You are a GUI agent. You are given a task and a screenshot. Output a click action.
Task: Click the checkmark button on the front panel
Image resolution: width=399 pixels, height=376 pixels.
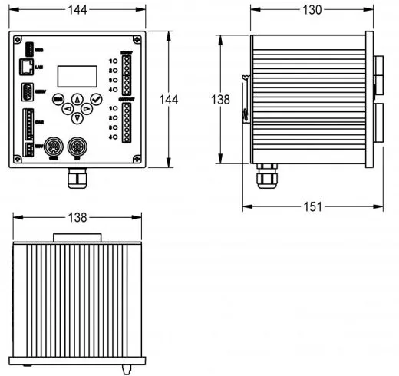(x=96, y=99)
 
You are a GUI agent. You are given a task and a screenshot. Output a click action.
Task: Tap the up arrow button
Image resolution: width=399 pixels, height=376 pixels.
(x=77, y=100)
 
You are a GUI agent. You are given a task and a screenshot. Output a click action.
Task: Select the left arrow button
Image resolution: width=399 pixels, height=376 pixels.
(x=68, y=109)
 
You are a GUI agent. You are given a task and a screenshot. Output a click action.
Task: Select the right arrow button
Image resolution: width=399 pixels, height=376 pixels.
(x=87, y=109)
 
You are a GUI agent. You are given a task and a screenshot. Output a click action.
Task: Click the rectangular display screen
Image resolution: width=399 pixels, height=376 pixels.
(x=77, y=75)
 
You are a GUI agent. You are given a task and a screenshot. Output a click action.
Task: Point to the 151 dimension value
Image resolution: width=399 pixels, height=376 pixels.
(x=312, y=206)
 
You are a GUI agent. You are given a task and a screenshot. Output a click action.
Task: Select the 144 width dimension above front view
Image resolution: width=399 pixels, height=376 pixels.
(x=77, y=10)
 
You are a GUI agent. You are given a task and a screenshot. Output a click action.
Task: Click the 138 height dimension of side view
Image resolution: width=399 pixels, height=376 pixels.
(x=221, y=100)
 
